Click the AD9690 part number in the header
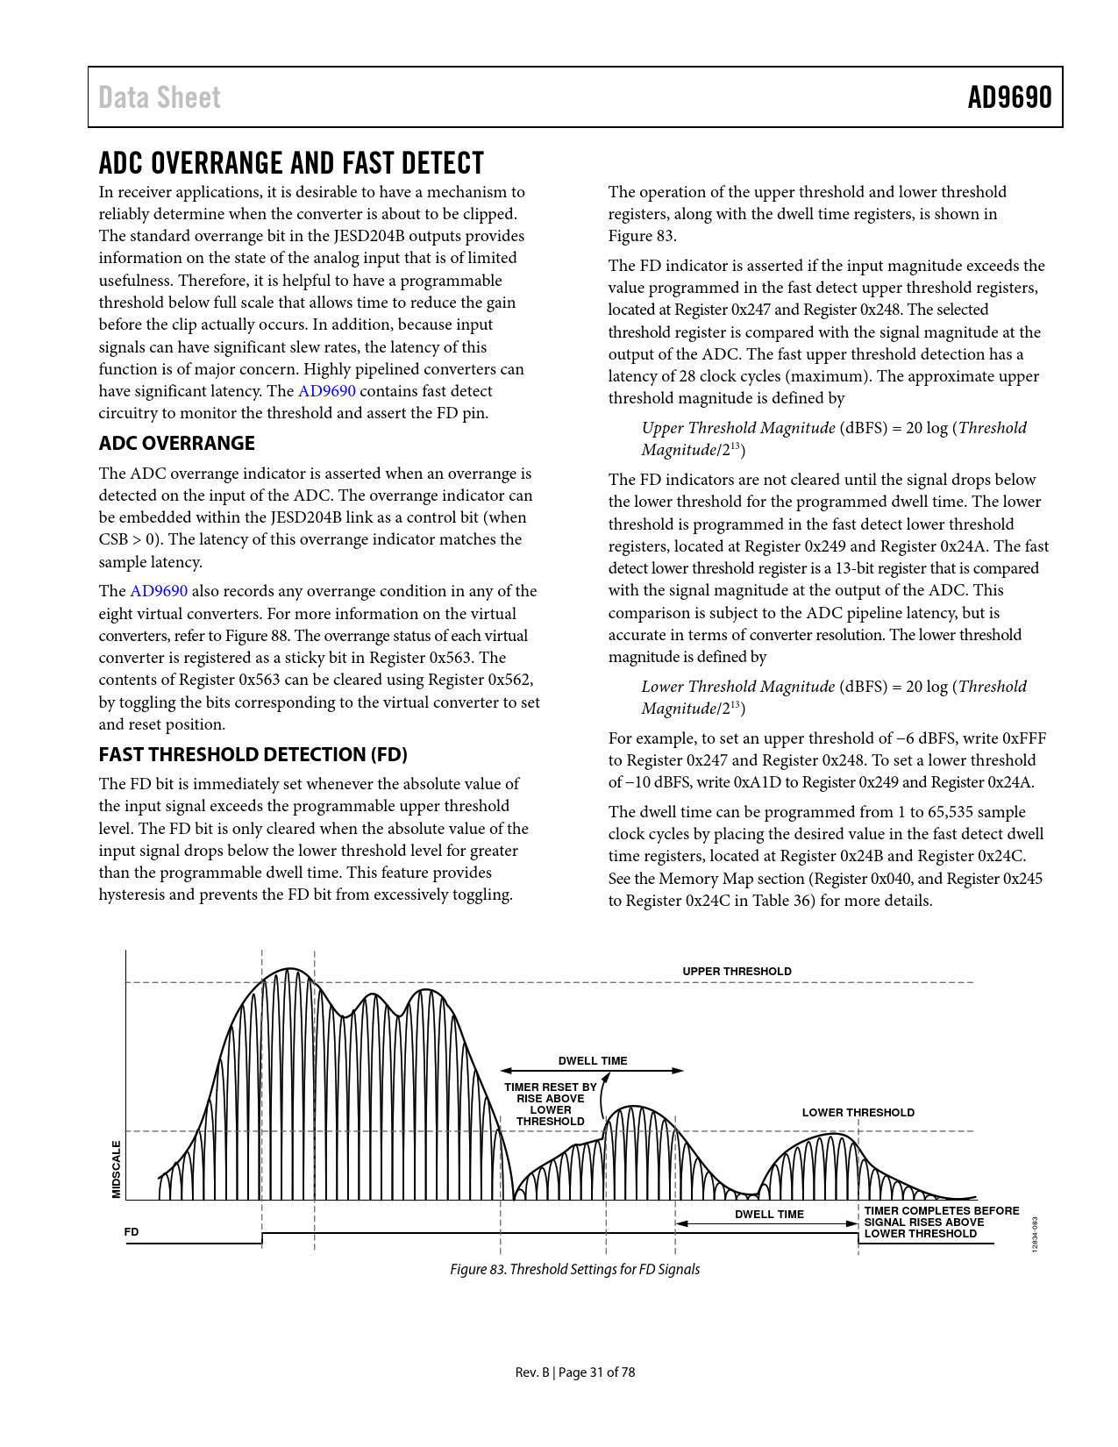[1008, 97]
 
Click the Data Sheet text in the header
[160, 97]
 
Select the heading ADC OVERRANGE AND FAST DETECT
[291, 163]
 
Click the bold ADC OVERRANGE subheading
[176, 443]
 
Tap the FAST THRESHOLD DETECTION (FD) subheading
[253, 754]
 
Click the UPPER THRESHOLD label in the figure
[737, 971]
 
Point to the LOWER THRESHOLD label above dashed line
[858, 1112]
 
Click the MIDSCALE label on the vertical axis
[116, 1168]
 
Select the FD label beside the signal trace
[132, 1231]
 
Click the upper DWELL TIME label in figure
[593, 1060]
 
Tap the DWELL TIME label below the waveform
[769, 1214]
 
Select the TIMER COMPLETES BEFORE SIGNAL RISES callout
[941, 1222]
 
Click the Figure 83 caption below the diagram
[574, 1269]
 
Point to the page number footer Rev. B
[574, 1372]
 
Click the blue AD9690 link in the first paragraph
[326, 391]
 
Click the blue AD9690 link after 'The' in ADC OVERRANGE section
[159, 591]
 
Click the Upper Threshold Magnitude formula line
[833, 428]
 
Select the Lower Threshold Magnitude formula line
[833, 687]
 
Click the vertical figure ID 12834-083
[1035, 1234]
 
